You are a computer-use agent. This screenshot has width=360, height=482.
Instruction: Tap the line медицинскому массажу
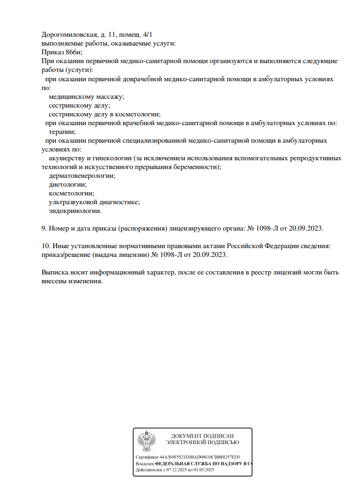coord(86,97)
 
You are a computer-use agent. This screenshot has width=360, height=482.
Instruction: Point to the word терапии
coord(62,132)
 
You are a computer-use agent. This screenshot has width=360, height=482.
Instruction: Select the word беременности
coord(193,167)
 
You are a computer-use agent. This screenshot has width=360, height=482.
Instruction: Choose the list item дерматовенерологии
coord(82,176)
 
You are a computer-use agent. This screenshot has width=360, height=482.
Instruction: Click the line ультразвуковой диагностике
coord(94,202)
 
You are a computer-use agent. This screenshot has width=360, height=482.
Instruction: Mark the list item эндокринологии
coord(75,211)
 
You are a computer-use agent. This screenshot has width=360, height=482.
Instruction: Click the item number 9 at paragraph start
coord(44,228)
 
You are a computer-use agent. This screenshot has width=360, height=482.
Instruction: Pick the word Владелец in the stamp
coord(145,464)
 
